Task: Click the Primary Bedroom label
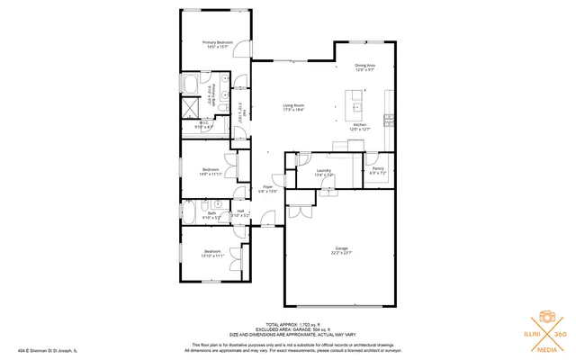pos(218,42)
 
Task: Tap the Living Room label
pos(294,106)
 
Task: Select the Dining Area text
pos(364,66)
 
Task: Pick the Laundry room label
pos(324,170)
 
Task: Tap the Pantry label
pos(378,169)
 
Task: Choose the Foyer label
pos(268,187)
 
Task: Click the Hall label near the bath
pos(240,211)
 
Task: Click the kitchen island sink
pos(357,94)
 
